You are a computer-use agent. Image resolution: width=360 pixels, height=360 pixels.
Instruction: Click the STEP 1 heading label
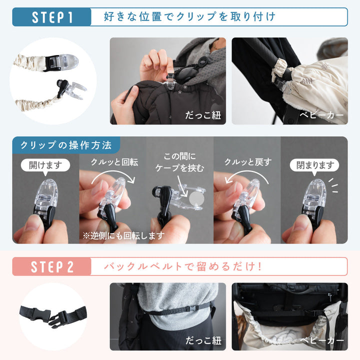(x=52, y=17)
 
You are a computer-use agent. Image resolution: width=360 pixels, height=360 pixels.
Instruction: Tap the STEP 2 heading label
(x=52, y=266)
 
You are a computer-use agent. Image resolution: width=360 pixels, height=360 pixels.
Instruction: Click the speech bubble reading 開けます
(x=45, y=165)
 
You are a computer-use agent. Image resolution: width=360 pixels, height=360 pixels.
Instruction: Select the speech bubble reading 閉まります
(x=314, y=165)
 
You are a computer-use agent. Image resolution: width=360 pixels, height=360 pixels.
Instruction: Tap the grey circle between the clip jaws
(x=196, y=199)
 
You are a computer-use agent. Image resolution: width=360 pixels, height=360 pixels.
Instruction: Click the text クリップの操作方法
(x=66, y=145)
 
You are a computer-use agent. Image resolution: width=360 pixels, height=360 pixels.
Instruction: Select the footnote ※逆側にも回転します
(x=123, y=235)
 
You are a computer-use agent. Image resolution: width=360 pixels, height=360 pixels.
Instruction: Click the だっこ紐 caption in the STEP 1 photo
(x=203, y=115)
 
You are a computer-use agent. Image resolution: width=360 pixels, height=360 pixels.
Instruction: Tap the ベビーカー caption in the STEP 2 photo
(x=322, y=340)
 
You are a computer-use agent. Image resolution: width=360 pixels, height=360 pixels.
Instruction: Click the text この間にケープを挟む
(x=179, y=162)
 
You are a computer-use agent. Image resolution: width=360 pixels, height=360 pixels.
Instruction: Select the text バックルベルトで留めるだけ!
(x=183, y=266)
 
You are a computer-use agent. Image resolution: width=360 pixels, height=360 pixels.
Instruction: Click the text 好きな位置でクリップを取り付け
(x=189, y=17)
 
